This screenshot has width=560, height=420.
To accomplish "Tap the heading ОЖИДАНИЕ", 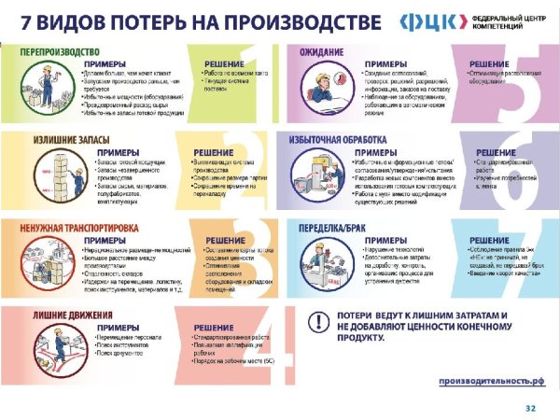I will click(320, 51).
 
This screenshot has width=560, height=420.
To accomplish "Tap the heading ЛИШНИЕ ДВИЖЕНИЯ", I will click(48, 313).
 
